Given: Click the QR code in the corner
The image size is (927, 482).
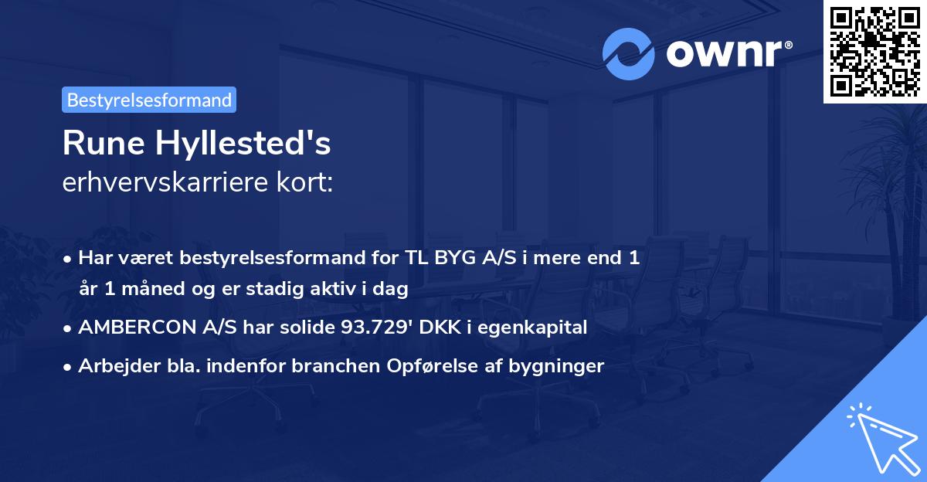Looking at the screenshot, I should [x=874, y=51].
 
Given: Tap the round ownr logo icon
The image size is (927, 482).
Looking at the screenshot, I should [x=629, y=54].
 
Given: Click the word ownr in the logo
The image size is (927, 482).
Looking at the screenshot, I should [x=725, y=54].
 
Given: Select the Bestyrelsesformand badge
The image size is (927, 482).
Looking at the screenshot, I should [x=149, y=100].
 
